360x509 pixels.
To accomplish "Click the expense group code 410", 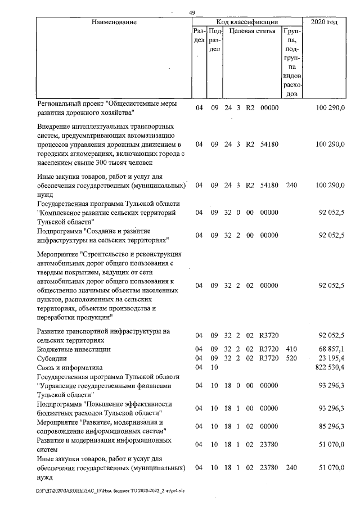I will tap(291, 349).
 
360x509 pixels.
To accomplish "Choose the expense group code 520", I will tap(291, 358).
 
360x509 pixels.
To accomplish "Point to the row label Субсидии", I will tap(51, 358).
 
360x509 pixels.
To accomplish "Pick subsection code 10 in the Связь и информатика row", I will tap(214, 367).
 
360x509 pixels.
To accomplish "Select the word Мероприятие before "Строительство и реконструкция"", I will tap(58, 254).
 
